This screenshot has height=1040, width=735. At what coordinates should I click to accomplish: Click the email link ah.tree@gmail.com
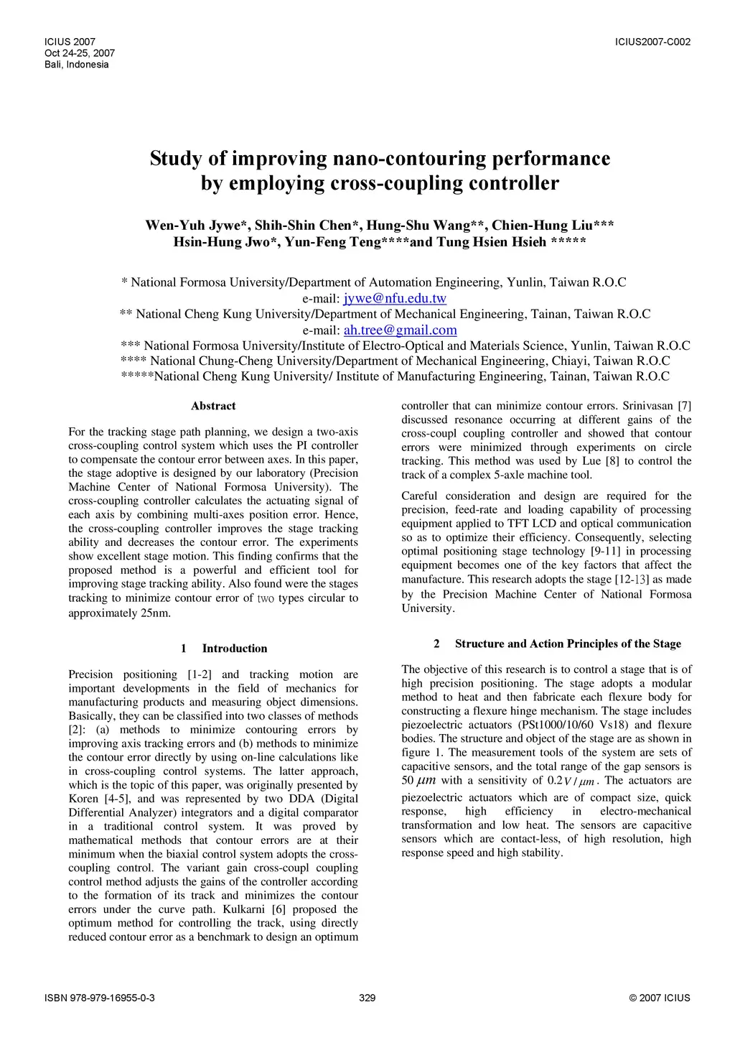pos(400,330)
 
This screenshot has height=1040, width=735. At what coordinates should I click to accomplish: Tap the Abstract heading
pos(213,407)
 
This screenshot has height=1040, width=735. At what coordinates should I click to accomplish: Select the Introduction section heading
pos(234,649)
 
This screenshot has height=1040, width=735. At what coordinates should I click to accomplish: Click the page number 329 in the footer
pos(367,998)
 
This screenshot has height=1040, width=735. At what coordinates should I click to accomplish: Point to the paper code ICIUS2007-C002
pos(652,42)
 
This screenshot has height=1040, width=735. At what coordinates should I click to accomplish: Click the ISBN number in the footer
pos(100,998)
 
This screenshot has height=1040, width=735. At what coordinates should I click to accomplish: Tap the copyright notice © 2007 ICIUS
pos(659,998)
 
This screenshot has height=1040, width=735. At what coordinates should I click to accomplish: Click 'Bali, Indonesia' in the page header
pos(77,65)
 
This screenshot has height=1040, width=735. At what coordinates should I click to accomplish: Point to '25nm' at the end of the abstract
pos(156,613)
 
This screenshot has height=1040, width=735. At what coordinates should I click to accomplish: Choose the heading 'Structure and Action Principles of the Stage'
pos(568,644)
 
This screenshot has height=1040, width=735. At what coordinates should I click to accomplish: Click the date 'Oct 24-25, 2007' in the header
pos(80,53)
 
